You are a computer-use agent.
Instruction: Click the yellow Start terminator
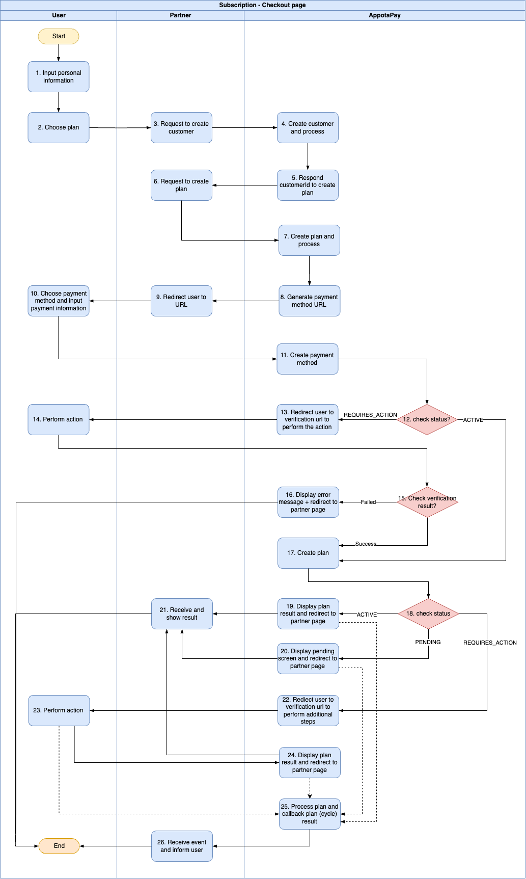coord(59,36)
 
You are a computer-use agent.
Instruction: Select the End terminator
coord(59,846)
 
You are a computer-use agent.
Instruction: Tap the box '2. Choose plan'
coord(59,127)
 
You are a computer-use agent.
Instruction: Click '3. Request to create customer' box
coord(181,127)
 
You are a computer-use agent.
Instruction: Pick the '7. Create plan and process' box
coord(309,241)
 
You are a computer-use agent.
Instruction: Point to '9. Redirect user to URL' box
coord(181,301)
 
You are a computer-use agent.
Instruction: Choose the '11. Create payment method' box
coord(308,359)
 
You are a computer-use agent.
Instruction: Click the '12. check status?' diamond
coord(427,419)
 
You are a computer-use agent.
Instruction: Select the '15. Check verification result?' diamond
coord(427,502)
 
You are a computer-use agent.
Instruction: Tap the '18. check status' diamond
coord(428,614)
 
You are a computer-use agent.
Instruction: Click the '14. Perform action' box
coord(59,419)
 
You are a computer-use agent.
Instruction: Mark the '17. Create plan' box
coord(308,553)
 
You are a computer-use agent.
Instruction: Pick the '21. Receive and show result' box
coord(182,614)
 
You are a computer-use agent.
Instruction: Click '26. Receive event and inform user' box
coord(182,846)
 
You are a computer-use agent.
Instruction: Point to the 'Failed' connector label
coord(368,502)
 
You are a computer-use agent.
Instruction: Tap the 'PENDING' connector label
coord(428,642)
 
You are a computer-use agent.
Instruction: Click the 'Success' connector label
coord(366,544)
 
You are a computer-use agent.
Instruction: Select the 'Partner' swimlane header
coord(180,15)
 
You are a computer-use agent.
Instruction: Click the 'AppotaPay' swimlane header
coord(384,15)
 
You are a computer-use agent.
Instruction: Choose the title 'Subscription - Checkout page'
coord(262,5)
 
